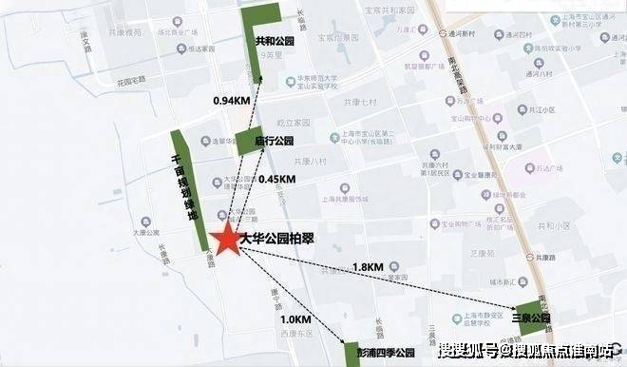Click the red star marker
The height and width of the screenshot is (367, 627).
point(228,241)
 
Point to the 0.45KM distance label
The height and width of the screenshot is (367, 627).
point(275,178)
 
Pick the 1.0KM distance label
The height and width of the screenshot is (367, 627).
point(295,320)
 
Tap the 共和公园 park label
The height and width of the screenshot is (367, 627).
point(273,42)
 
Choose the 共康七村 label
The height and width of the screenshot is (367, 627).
point(361,101)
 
